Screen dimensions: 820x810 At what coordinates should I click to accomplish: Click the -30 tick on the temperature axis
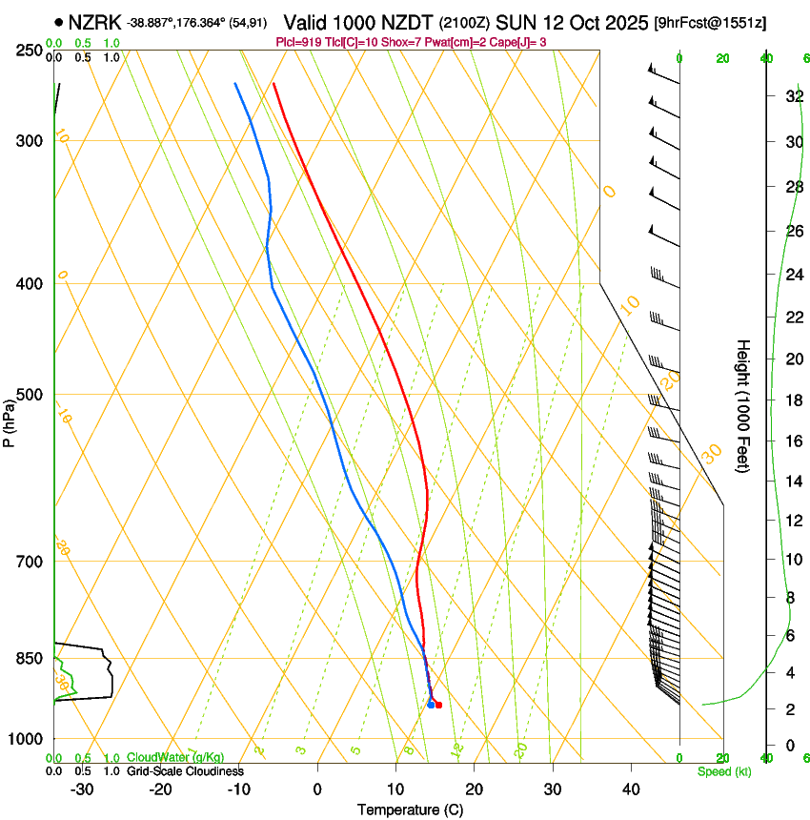coord(82,789)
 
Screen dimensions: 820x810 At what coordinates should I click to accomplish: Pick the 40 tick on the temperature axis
coord(630,789)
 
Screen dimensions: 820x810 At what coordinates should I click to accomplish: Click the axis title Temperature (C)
coord(410,810)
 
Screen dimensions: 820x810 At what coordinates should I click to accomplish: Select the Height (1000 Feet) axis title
coord(743,405)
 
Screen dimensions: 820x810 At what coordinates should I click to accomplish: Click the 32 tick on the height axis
coord(792,96)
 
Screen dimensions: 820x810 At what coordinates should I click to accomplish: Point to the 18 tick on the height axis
coord(792,400)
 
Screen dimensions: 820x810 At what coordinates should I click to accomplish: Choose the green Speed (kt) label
coord(723,771)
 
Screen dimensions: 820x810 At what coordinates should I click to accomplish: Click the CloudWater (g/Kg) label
coord(175,758)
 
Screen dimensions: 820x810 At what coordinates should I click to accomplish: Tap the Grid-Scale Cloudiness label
coord(185,771)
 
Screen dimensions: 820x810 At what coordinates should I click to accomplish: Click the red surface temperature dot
coord(438,705)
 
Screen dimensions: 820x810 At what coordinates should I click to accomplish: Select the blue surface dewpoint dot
coord(431,705)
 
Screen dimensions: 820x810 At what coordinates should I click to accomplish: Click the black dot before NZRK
coord(59,22)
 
